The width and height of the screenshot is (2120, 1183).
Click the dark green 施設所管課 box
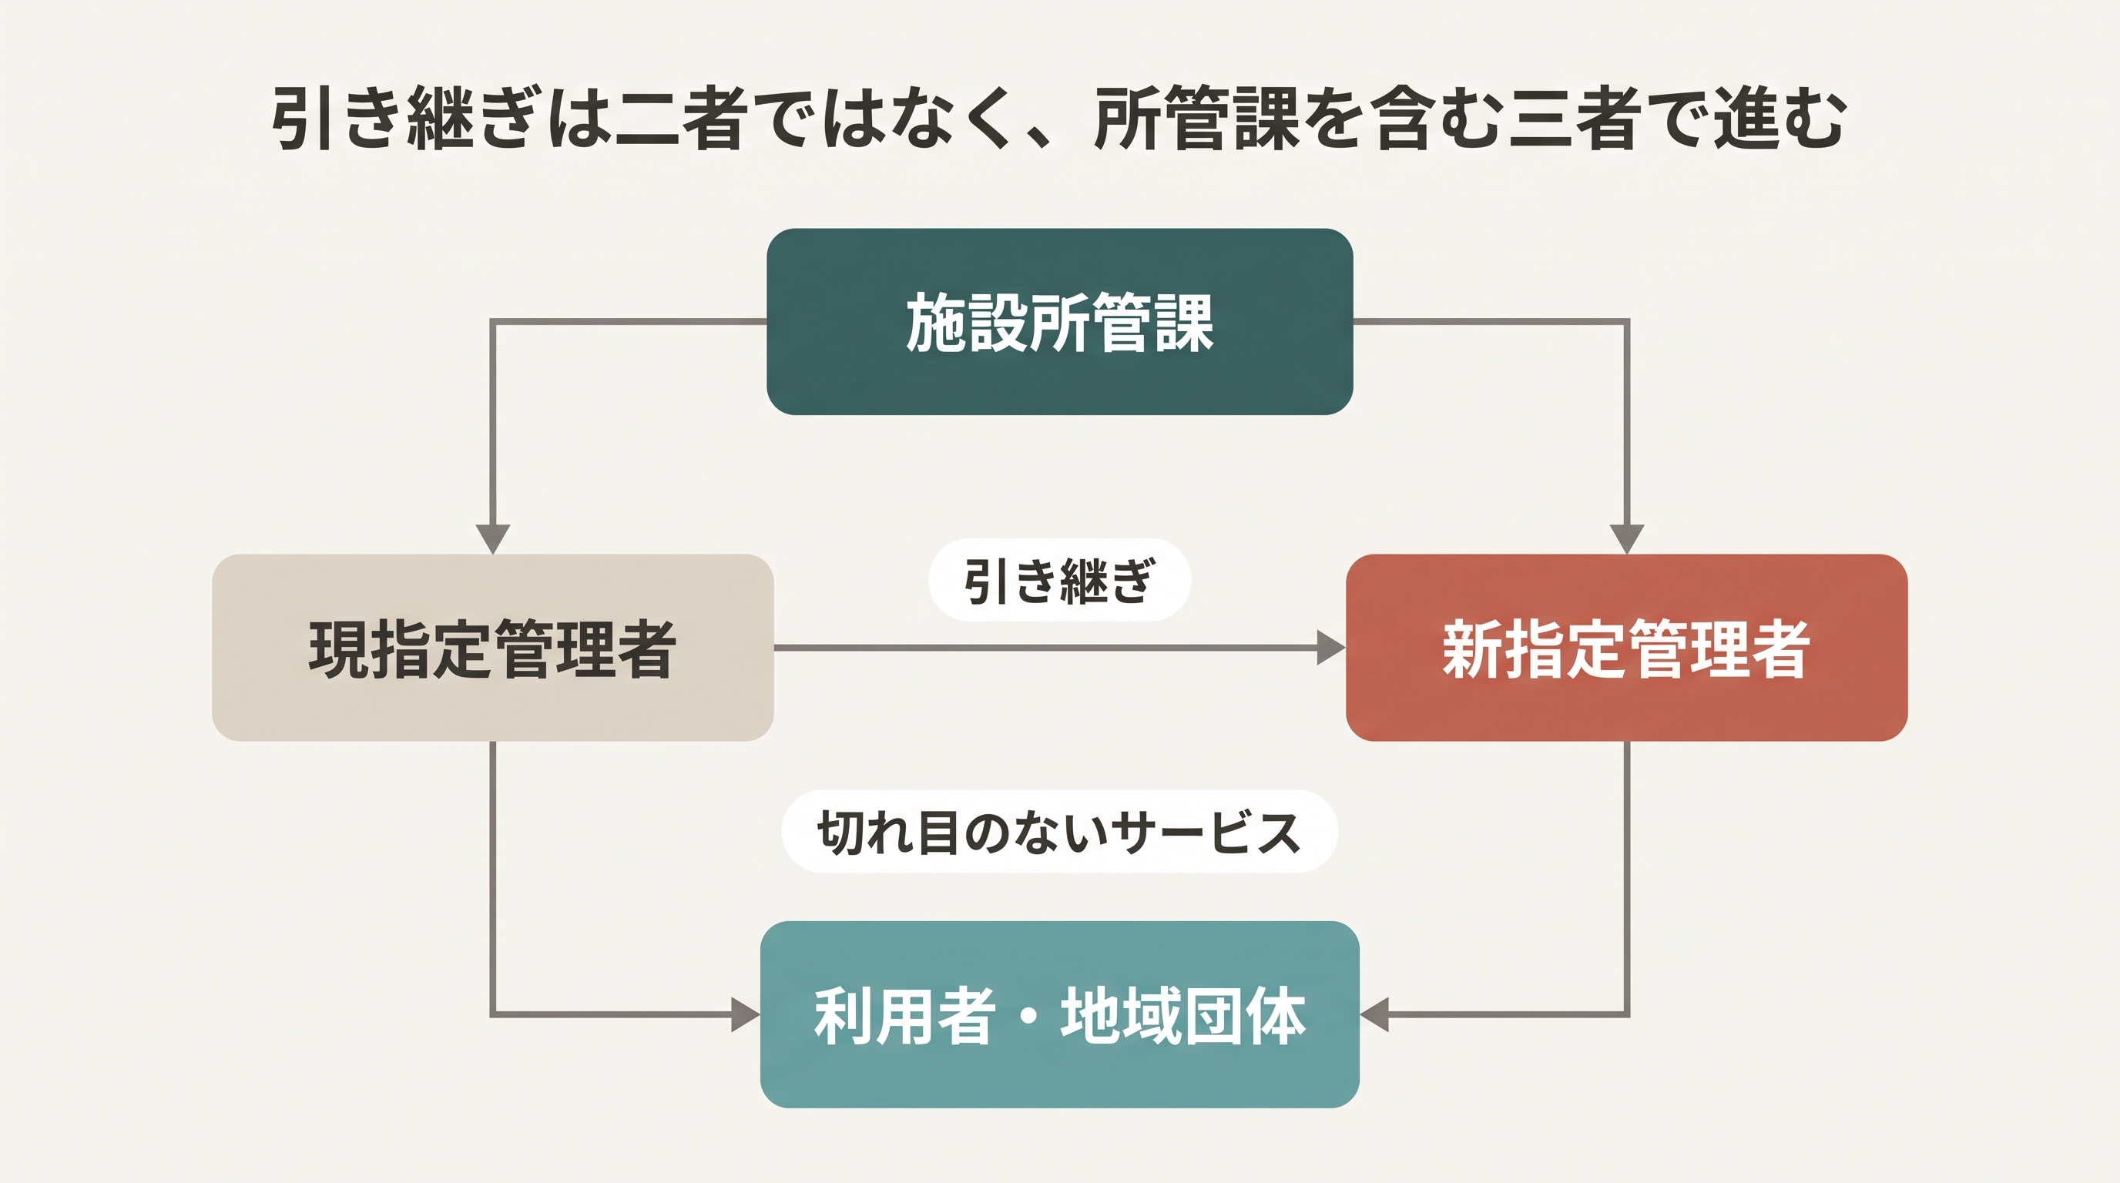[x=1060, y=322]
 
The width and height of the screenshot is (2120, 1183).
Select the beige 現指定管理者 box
[x=493, y=648]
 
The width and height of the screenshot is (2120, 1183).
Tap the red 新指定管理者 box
[x=1627, y=648]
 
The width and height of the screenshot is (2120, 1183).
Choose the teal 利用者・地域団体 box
[x=1060, y=1014]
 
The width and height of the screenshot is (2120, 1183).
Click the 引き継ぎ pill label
[x=1060, y=580]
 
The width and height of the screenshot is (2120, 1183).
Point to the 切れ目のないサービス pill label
[x=1060, y=832]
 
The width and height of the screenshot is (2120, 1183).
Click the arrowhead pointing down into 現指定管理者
[x=493, y=540]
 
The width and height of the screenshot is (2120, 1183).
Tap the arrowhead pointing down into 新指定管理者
[x=1627, y=540]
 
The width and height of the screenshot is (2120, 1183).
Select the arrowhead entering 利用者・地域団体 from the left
[x=746, y=1014]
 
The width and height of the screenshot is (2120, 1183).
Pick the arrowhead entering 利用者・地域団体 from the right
[x=1374, y=1014]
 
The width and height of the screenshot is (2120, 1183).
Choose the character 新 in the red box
[x=1472, y=650]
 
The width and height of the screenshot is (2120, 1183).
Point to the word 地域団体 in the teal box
[x=1183, y=1016]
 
